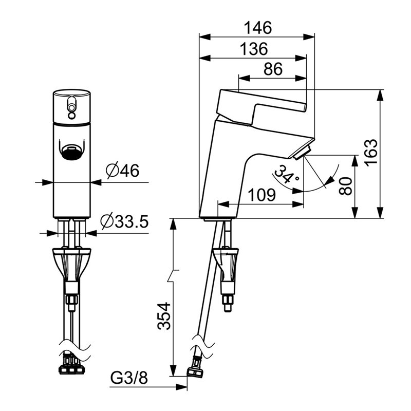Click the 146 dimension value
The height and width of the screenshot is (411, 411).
click(x=258, y=28)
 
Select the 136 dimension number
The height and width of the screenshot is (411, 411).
click(x=254, y=49)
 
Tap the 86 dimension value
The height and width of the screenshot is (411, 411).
click(x=273, y=69)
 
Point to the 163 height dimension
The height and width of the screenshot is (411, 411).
click(x=370, y=153)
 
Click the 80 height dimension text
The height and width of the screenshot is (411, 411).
click(x=345, y=186)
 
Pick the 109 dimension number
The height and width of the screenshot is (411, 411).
click(x=261, y=195)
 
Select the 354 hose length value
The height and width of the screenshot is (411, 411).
click(x=164, y=316)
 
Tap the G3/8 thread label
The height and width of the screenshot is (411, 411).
click(x=129, y=378)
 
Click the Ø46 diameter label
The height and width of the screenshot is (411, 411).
click(x=122, y=171)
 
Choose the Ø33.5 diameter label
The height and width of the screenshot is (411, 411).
click(x=124, y=221)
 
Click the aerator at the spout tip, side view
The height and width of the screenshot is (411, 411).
click(x=302, y=154)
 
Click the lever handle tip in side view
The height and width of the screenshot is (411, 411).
click(x=305, y=107)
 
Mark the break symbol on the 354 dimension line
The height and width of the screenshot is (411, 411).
click(x=173, y=275)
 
